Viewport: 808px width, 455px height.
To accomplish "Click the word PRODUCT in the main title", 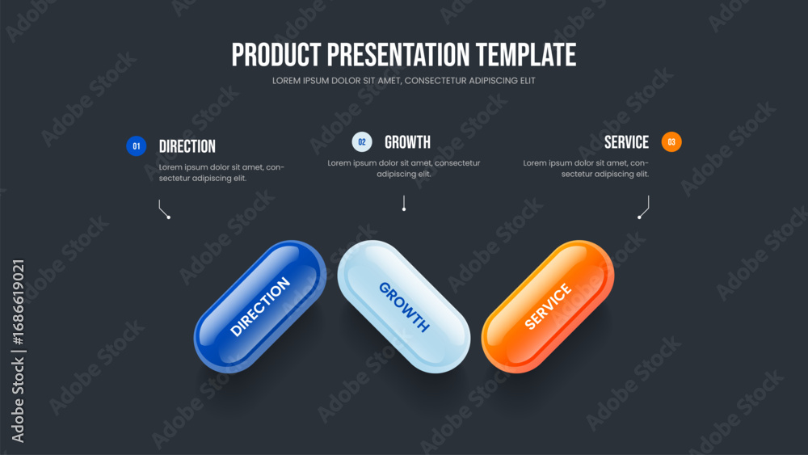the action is tap(276, 55).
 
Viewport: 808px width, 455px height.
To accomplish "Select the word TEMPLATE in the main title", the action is tap(526, 55).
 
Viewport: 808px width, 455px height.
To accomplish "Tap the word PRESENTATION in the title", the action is tap(398, 55).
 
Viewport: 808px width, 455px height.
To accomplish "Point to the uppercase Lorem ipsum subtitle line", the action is tap(403, 81).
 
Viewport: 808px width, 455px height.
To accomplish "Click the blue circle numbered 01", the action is tap(136, 145).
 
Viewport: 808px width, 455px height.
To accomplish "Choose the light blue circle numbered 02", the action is tap(362, 141).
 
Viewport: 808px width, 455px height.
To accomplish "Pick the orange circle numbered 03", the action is tap(671, 141).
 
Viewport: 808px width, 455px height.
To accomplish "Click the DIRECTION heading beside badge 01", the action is tap(187, 146).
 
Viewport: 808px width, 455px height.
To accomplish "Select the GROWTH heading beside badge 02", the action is tap(407, 142).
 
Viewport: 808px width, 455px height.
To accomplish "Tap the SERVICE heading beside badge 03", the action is tap(626, 142).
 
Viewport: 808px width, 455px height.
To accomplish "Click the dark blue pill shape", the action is tap(259, 306).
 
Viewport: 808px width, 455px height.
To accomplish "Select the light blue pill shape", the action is tap(403, 306).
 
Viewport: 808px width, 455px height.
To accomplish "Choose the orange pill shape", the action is tap(548, 306).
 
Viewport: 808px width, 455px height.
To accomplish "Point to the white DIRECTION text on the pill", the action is tap(260, 306).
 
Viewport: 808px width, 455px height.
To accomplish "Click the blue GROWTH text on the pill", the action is tap(404, 307).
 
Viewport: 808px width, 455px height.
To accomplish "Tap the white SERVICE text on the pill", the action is tap(548, 306).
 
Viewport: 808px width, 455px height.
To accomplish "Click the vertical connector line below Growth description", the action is tap(404, 203).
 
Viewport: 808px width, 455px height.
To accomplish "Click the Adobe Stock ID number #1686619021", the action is tap(18, 302).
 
